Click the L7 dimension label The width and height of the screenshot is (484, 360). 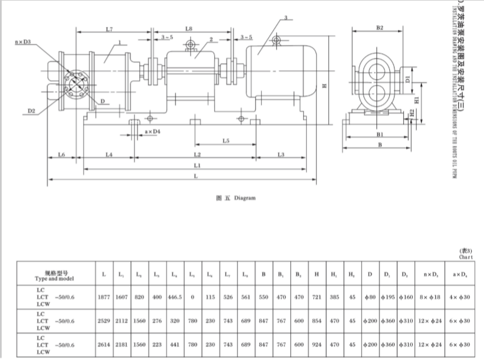109,29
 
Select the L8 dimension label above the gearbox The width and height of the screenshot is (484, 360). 188,29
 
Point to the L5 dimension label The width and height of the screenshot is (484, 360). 226,141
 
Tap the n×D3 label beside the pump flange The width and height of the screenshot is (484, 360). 25,42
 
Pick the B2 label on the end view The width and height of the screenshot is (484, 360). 379,28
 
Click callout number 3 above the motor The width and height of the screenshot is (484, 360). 284,20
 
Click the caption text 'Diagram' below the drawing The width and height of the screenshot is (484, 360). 245,198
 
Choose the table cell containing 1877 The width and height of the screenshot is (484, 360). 104,297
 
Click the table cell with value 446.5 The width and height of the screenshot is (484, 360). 175,297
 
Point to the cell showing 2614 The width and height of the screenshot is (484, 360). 104,345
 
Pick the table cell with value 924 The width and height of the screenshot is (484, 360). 316,345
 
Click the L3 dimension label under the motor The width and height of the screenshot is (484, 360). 281,155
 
